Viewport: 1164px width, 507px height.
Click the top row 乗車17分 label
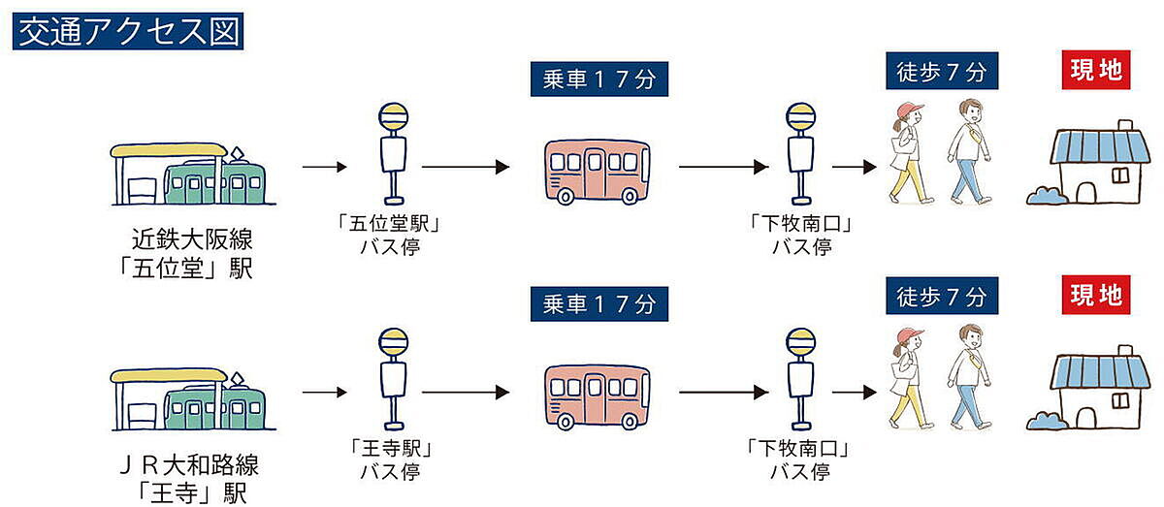(599, 78)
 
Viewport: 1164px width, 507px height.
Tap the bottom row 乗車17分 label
(599, 304)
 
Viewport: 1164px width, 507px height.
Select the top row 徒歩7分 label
(941, 72)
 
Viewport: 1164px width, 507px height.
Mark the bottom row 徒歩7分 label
(941, 295)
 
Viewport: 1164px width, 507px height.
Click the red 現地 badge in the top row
(1095, 71)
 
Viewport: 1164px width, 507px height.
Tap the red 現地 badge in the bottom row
(1095, 295)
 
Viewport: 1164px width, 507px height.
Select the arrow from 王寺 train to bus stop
(324, 393)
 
